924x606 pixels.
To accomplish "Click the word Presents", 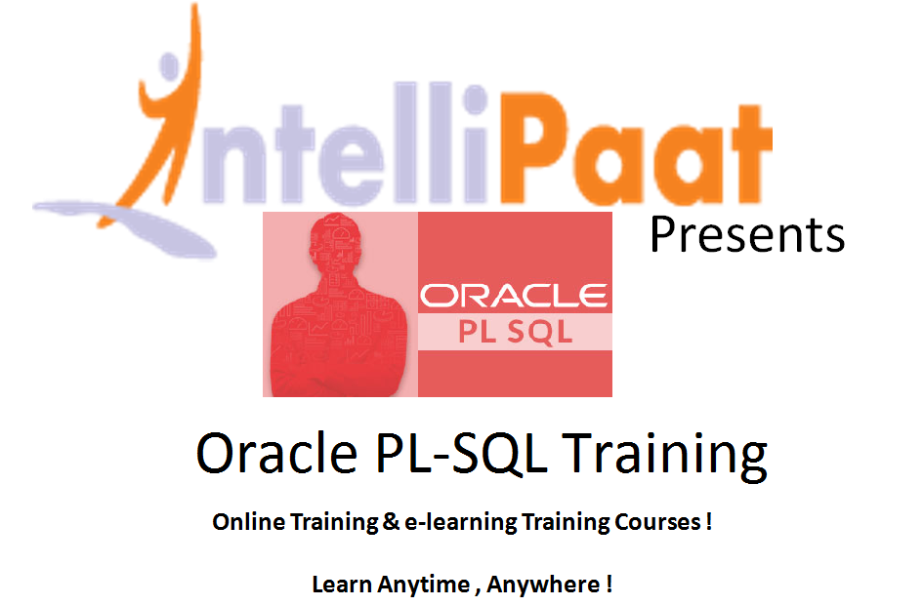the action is click(747, 234).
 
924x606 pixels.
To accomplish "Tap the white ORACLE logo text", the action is click(513, 296).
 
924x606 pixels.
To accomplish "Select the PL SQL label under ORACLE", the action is click(516, 332).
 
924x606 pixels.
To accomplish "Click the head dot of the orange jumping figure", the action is click(169, 66).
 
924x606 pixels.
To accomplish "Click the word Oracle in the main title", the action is click(276, 453).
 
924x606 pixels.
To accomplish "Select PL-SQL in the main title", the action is click(461, 453).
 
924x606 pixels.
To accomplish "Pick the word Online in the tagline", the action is click(249, 522).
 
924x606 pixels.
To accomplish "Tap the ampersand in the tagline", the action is click(391, 522).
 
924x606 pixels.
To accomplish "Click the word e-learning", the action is click(460, 523).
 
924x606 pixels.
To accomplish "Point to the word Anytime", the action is click(424, 586).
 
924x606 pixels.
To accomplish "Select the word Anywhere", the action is click(543, 586).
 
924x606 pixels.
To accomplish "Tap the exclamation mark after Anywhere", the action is click(609, 585).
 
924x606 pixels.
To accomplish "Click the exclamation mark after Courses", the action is click(708, 522).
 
